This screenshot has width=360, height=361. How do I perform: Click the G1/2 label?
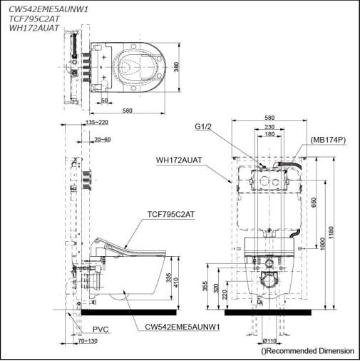click(203, 127)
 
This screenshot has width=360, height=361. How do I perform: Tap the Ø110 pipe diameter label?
click(270, 342)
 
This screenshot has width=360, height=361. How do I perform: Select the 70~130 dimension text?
click(87, 342)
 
